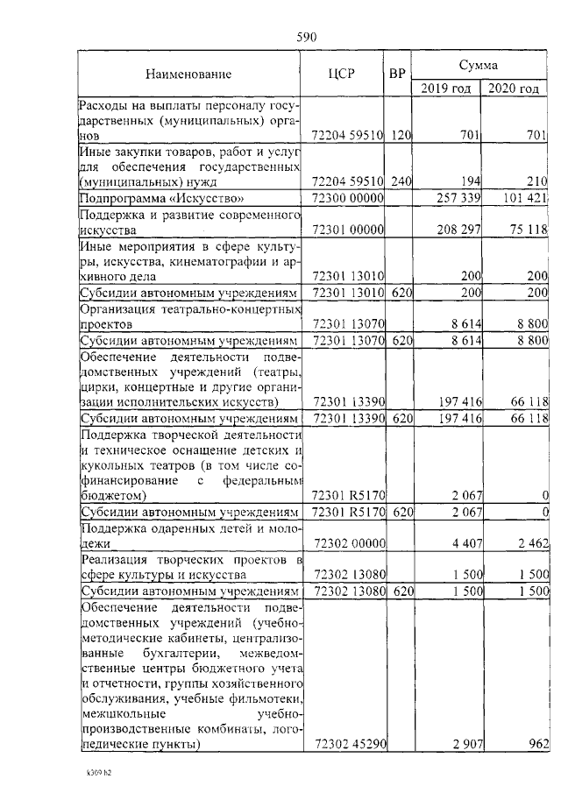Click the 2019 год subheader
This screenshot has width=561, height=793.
pyautogui.click(x=445, y=88)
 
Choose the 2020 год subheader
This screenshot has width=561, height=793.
pyautogui.click(x=513, y=88)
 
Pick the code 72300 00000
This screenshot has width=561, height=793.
pyautogui.click(x=348, y=198)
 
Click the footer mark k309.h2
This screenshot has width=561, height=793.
pyautogui.click(x=99, y=774)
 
